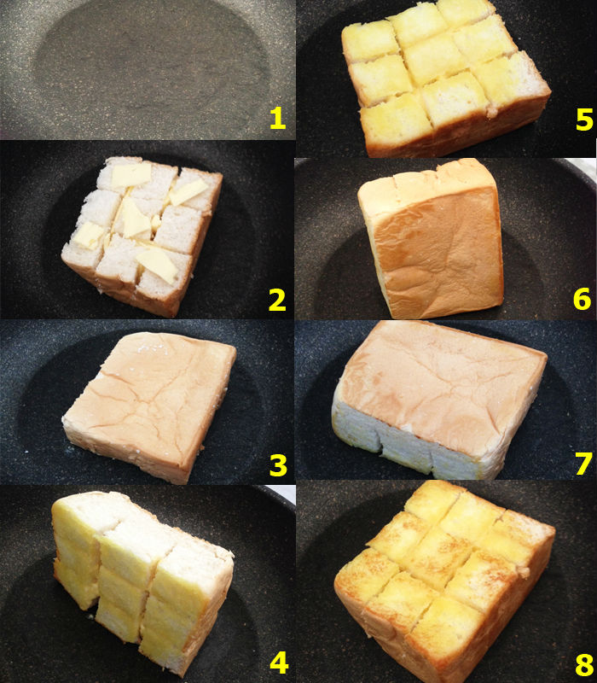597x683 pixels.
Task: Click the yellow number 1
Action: click(278, 119)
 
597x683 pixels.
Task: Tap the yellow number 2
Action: click(277, 301)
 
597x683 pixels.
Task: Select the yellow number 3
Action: click(278, 465)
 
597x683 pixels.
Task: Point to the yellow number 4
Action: click(279, 663)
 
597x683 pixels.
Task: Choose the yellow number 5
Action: click(584, 120)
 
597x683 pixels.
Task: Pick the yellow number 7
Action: click(583, 464)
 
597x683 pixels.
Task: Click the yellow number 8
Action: click(584, 665)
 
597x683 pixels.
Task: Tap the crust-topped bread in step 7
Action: click(439, 400)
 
